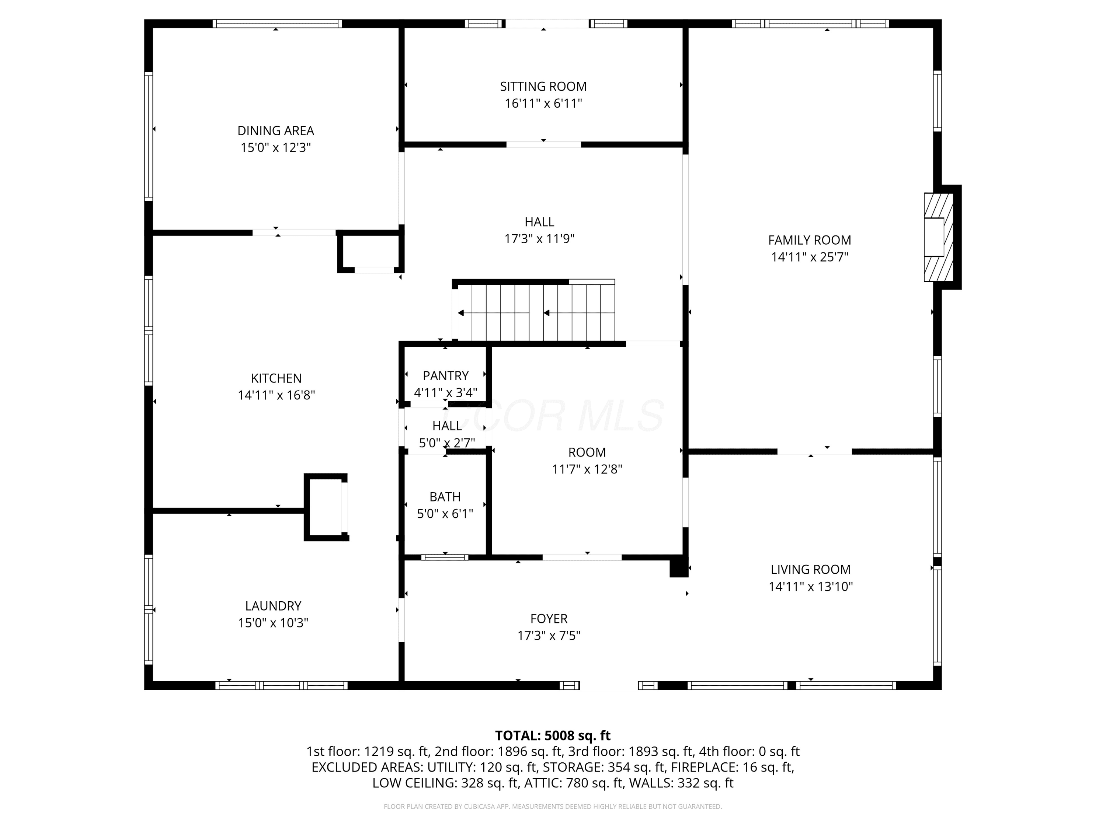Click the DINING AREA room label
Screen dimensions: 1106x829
point(275,130)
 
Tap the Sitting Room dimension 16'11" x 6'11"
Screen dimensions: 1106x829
point(543,104)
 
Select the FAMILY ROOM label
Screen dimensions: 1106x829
point(810,240)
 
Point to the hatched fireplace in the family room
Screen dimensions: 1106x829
point(939,237)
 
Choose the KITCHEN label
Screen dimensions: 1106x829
point(276,378)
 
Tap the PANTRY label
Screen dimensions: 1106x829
point(445,376)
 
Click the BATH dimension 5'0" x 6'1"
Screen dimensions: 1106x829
point(445,514)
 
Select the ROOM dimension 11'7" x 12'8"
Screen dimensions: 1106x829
point(587,469)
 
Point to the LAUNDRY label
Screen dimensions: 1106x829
point(273,606)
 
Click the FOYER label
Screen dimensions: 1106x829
point(549,619)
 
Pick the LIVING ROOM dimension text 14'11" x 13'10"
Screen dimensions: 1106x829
point(810,586)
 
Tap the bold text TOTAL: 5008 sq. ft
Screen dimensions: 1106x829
point(553,735)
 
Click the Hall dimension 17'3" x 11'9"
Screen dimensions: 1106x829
point(539,239)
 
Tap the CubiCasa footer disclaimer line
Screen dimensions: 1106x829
point(553,807)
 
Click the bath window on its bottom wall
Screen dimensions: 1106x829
point(445,557)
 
